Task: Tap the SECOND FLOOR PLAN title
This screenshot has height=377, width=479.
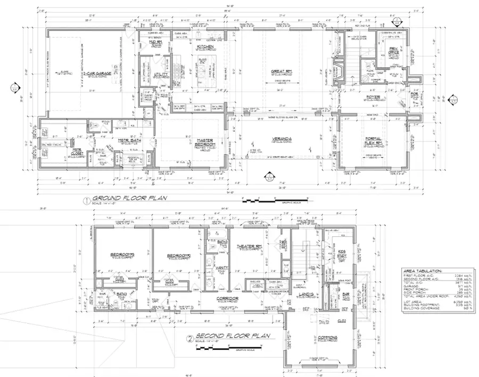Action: (231, 336)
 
